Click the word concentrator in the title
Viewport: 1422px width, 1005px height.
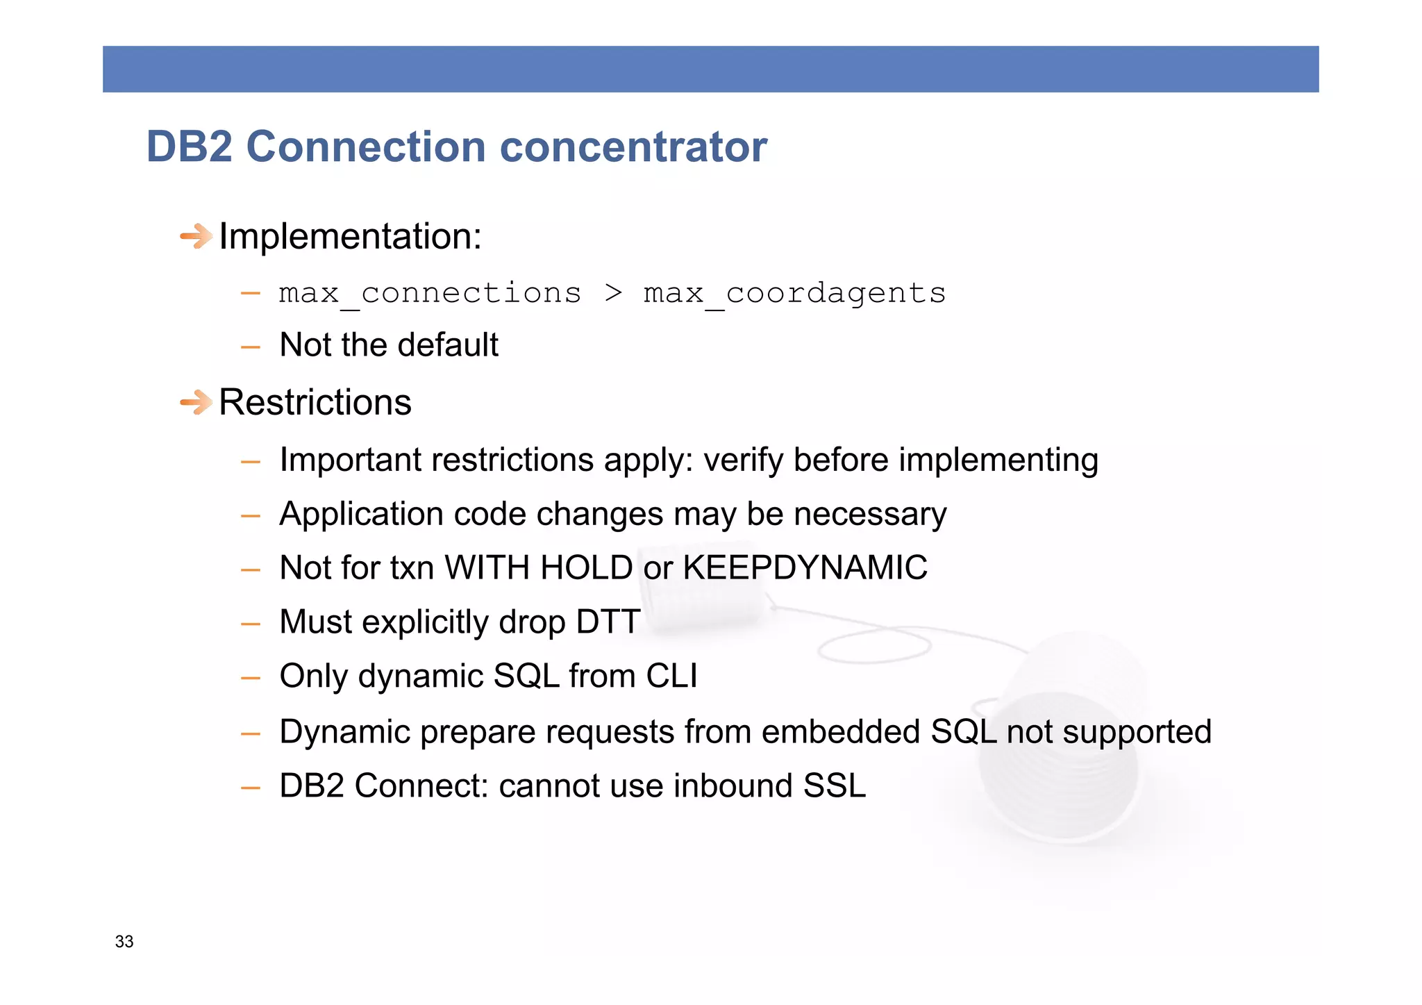(x=633, y=147)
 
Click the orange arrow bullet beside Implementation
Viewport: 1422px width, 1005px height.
(x=196, y=236)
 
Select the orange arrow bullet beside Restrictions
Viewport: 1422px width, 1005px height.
(x=196, y=402)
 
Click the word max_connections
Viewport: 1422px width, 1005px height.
(x=430, y=293)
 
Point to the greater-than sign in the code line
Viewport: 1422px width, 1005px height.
(x=613, y=293)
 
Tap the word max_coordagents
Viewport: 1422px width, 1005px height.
(x=794, y=293)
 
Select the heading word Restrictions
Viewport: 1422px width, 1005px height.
(x=315, y=402)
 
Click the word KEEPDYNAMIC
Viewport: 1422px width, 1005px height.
(x=805, y=567)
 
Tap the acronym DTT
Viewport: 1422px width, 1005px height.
(x=608, y=622)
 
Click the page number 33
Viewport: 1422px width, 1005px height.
(x=124, y=942)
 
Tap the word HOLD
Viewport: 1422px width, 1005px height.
(x=586, y=567)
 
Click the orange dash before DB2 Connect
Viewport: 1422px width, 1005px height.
(x=250, y=788)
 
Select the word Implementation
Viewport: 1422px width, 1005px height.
(x=350, y=236)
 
